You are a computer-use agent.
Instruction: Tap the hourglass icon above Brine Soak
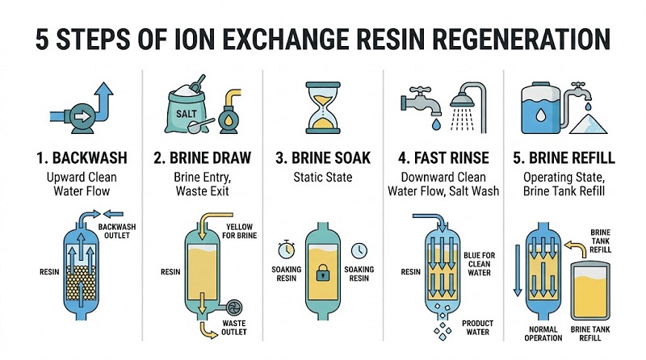point(323,107)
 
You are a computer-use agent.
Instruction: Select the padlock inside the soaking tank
point(322,273)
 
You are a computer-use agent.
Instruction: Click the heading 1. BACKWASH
point(82,157)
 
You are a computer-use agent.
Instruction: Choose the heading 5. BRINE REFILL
point(564,157)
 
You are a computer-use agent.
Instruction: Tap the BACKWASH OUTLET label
point(116,231)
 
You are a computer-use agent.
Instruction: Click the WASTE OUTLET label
point(233,328)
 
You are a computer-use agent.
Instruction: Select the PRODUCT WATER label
point(477,328)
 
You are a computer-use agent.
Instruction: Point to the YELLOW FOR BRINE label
point(239,231)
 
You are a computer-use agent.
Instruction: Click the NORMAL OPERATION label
point(543,333)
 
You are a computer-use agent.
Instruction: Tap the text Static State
point(322,178)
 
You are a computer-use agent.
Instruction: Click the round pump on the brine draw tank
point(233,308)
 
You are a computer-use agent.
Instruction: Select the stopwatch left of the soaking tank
point(286,249)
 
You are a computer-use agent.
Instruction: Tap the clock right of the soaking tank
point(359,250)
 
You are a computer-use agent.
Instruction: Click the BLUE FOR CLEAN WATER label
point(479,264)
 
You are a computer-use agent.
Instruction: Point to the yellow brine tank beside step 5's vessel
point(589,291)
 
